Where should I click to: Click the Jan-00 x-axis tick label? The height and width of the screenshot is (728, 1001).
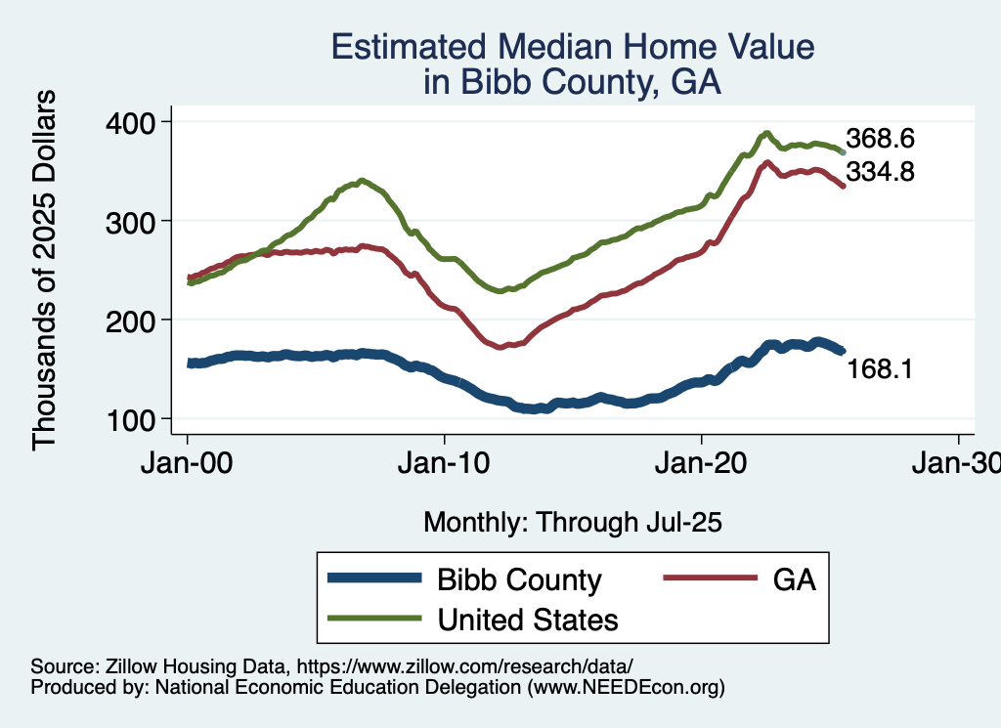[188, 467]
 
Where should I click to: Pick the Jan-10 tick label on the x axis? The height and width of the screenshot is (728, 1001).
[445, 467]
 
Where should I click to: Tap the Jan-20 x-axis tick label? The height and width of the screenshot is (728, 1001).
[702, 467]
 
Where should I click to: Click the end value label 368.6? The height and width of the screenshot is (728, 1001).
[880, 139]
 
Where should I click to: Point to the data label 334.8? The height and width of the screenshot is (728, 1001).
[880, 173]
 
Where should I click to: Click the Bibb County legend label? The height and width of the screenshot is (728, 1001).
[519, 579]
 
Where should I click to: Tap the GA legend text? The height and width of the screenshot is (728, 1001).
[794, 579]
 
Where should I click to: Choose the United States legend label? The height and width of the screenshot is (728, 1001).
[528, 620]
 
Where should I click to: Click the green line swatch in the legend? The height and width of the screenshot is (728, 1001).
[375, 620]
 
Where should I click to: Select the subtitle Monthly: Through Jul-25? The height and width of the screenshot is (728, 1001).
[572, 523]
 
